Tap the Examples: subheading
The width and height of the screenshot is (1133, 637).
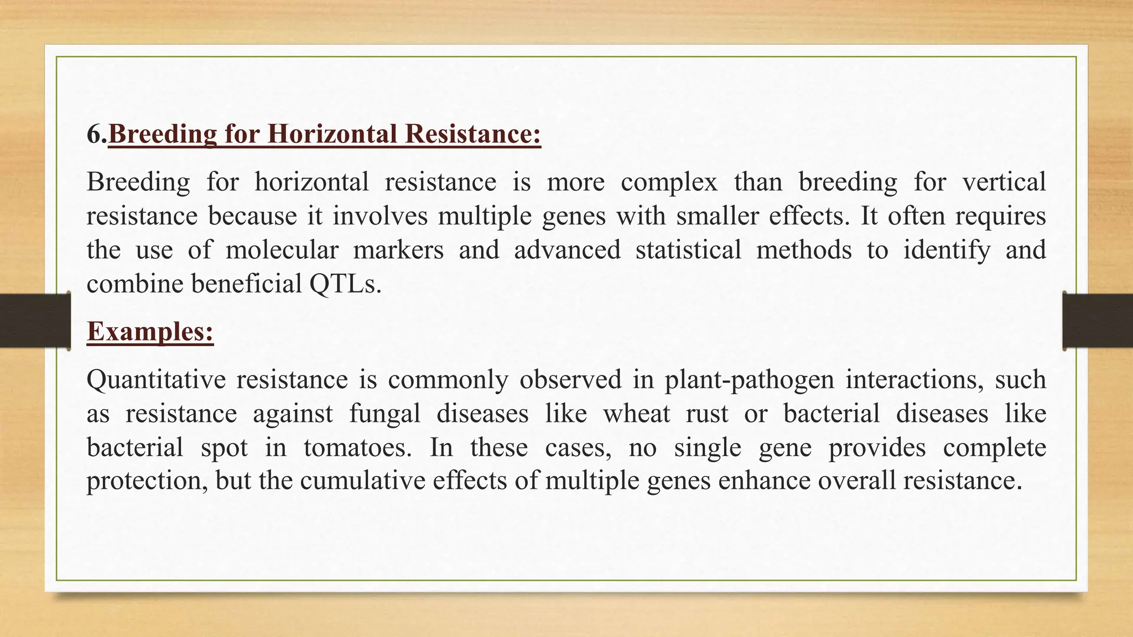pos(150,332)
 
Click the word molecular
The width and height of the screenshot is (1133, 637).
pos(282,250)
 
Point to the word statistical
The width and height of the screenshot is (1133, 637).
pos(688,250)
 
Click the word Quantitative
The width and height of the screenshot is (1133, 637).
pos(156,380)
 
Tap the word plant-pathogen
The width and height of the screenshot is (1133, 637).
pos(749,380)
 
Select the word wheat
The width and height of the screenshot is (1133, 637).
pos(636,414)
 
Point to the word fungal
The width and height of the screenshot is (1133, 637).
pos(384,414)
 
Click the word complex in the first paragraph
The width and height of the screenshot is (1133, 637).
pos(669,182)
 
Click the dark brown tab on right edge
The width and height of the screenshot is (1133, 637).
pos(1098,321)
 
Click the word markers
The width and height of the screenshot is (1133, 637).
pos(398,250)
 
